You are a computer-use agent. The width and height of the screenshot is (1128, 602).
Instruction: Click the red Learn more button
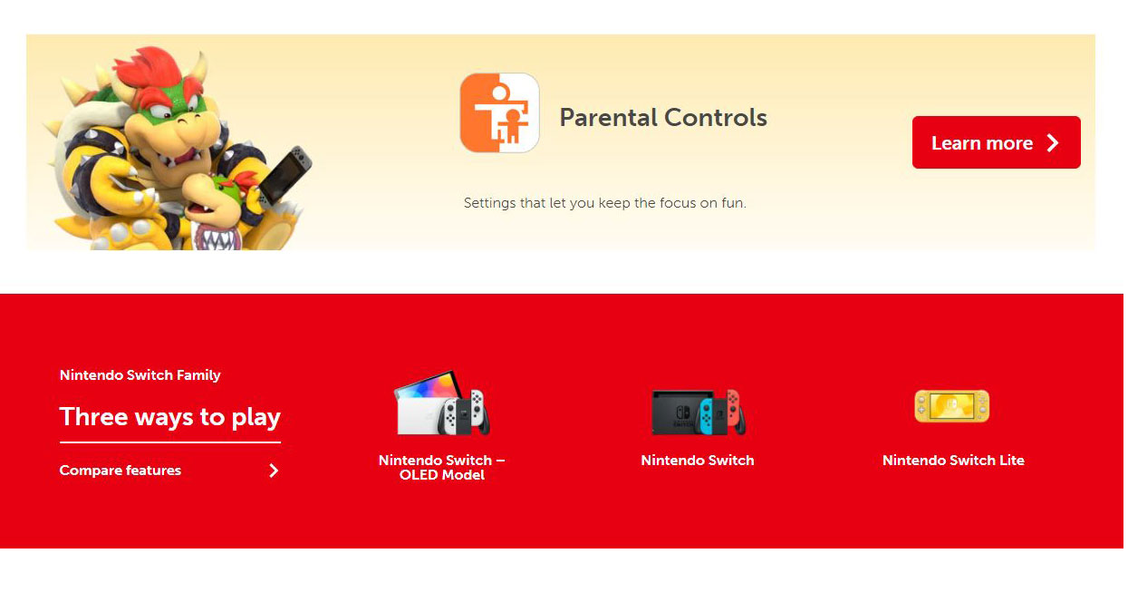996,142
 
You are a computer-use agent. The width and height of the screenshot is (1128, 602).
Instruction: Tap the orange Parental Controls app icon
499,112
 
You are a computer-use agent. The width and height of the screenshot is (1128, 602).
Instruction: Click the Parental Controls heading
663,118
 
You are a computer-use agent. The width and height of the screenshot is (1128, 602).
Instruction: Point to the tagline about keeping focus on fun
605,203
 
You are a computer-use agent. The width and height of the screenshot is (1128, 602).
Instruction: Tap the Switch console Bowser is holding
285,174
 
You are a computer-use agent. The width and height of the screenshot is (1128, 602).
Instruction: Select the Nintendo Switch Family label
140,375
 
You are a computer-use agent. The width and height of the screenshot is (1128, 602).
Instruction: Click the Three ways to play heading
169,417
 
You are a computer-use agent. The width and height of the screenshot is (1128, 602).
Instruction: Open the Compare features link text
120,471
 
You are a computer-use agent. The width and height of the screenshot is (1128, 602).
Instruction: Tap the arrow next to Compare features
274,471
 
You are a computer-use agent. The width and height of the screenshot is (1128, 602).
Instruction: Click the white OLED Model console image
441,403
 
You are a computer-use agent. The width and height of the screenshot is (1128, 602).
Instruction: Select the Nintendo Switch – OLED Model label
441,468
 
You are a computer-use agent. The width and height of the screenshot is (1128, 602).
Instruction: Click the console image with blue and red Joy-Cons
699,413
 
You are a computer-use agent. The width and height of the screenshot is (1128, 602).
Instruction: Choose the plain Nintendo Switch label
698,461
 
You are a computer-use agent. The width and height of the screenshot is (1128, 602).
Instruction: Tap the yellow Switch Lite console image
951,406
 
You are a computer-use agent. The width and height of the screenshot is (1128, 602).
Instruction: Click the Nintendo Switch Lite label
953,461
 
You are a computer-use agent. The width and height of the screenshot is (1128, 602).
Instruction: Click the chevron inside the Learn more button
1053,143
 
